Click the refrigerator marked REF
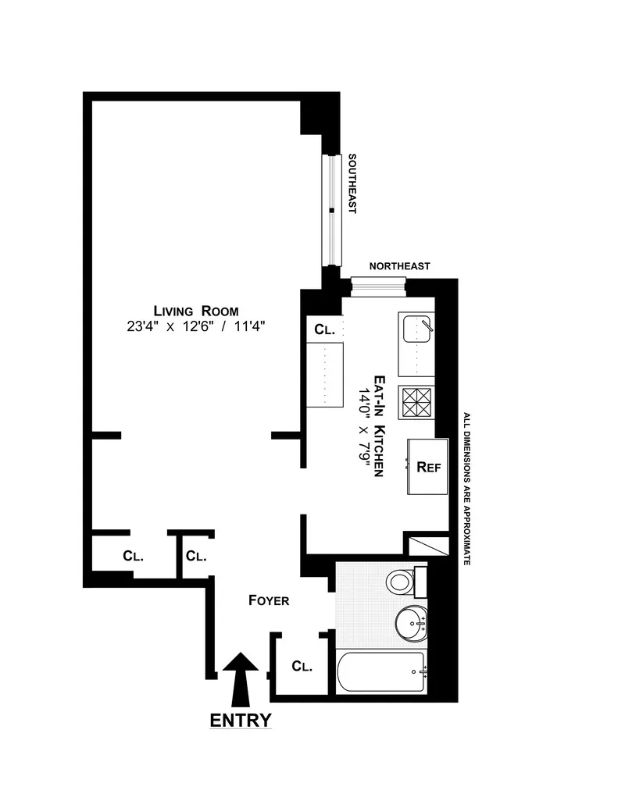pos(428,467)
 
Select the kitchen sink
pos(416,343)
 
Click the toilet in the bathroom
pos(402,580)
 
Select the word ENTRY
pos(241,720)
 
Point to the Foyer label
pos(269,600)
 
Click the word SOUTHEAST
pos(352,184)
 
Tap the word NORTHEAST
pos(399,266)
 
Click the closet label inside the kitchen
pos(324,329)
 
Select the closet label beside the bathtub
pos(302,667)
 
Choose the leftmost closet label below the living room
pos(133,557)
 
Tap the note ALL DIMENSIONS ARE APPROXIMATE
pos(466,488)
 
